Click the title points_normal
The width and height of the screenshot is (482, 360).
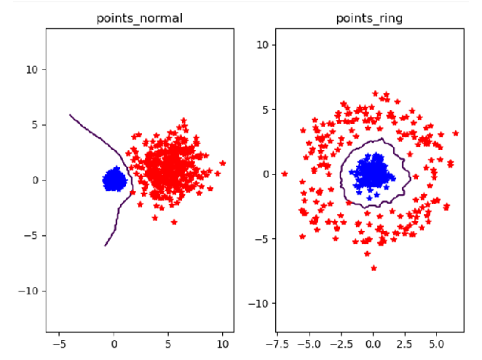pyautogui.click(x=140, y=18)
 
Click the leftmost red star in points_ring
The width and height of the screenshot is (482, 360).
pyautogui.click(x=285, y=174)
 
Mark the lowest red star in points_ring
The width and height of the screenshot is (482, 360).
pyautogui.click(x=374, y=268)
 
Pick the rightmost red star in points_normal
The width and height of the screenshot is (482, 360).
pyautogui.click(x=223, y=163)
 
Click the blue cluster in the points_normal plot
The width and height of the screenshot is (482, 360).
pyautogui.click(x=114, y=179)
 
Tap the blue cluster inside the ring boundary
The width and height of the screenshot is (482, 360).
pyautogui.click(x=373, y=173)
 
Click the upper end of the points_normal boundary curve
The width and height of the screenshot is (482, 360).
pyautogui.click(x=70, y=114)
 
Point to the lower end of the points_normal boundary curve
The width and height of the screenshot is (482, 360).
pyautogui.click(x=105, y=246)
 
